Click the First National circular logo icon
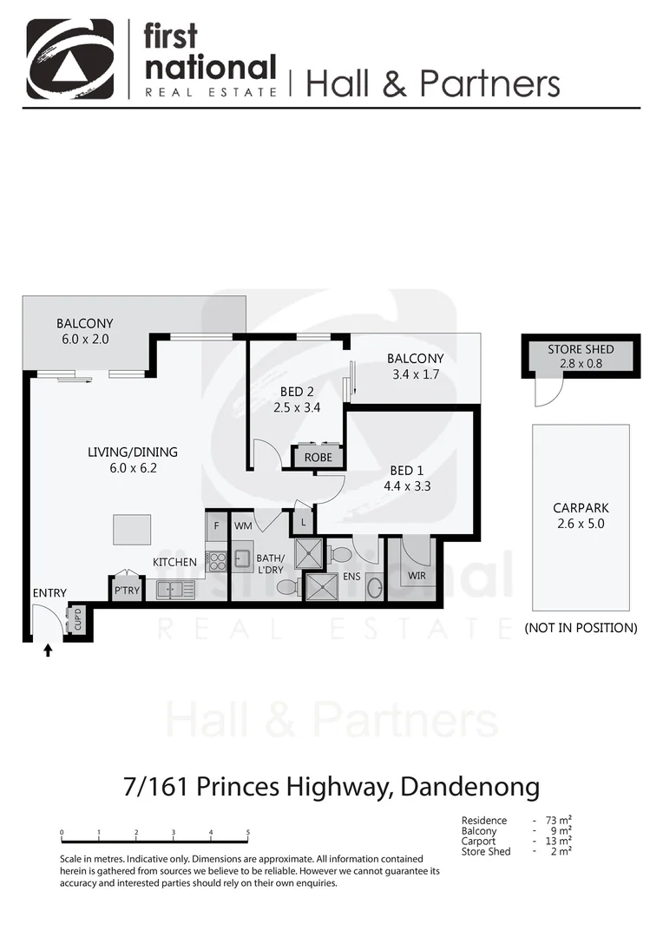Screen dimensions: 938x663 click(69, 59)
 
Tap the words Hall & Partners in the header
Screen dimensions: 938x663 click(432, 83)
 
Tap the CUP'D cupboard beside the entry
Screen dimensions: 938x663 click(75, 620)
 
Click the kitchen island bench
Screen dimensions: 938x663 click(131, 529)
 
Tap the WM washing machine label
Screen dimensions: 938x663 click(243, 525)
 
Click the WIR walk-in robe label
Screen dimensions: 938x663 click(417, 574)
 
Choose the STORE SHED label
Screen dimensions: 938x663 click(581, 349)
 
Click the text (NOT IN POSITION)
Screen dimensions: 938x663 click(581, 627)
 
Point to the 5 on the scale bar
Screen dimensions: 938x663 click(248, 833)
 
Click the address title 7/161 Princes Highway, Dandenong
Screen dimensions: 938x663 click(331, 787)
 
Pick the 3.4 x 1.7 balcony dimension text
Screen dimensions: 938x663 click(415, 374)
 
